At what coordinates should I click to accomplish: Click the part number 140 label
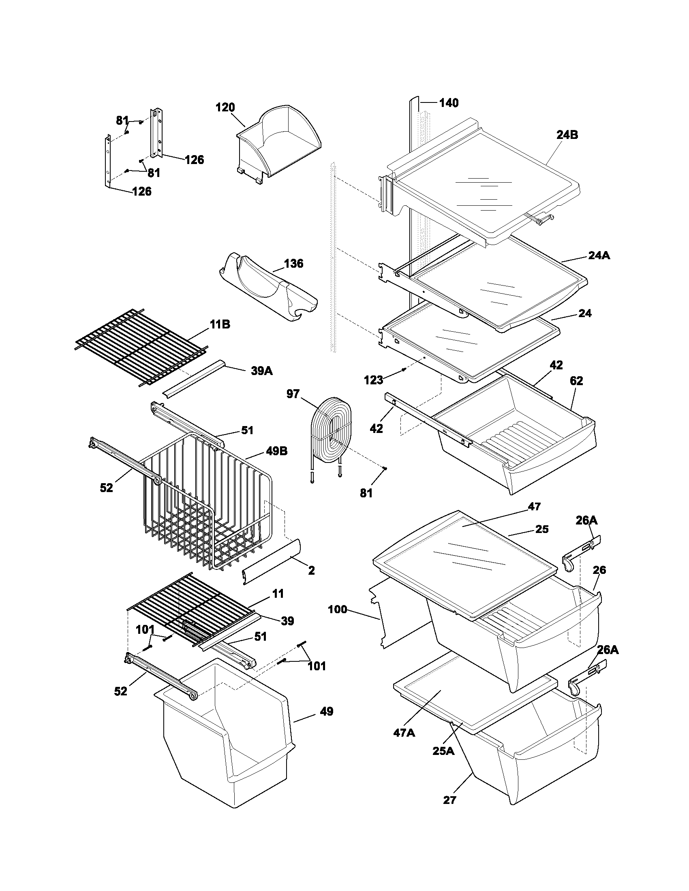[449, 103]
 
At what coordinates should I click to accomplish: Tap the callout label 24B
[567, 135]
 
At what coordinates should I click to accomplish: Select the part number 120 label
[225, 108]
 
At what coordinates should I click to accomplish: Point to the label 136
[294, 263]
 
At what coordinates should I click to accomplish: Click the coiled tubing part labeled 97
[329, 433]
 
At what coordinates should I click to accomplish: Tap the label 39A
[261, 371]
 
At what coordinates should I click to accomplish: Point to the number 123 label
[374, 380]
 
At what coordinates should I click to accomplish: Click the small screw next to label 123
[403, 370]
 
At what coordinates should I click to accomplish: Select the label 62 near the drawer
[576, 381]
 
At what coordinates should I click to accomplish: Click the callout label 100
[338, 610]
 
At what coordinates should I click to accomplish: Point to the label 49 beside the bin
[326, 712]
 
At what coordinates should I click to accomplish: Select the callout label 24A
[599, 256]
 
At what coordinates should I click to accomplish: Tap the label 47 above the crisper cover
[534, 506]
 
